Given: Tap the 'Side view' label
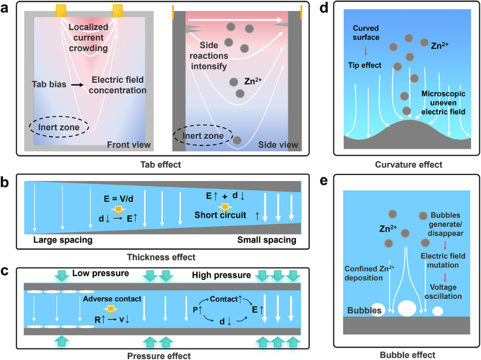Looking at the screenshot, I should pyautogui.click(x=278, y=145).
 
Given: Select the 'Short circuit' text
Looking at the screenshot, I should pyautogui.click(x=220, y=215).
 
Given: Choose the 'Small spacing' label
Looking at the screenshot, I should pyautogui.click(x=267, y=240).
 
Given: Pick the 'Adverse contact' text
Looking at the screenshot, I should pyautogui.click(x=111, y=299).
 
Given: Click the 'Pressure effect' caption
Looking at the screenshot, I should pyautogui.click(x=159, y=356).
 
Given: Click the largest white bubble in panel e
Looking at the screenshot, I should pyautogui.click(x=407, y=308).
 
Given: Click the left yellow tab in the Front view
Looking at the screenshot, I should pyautogui.click(x=61, y=10).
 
